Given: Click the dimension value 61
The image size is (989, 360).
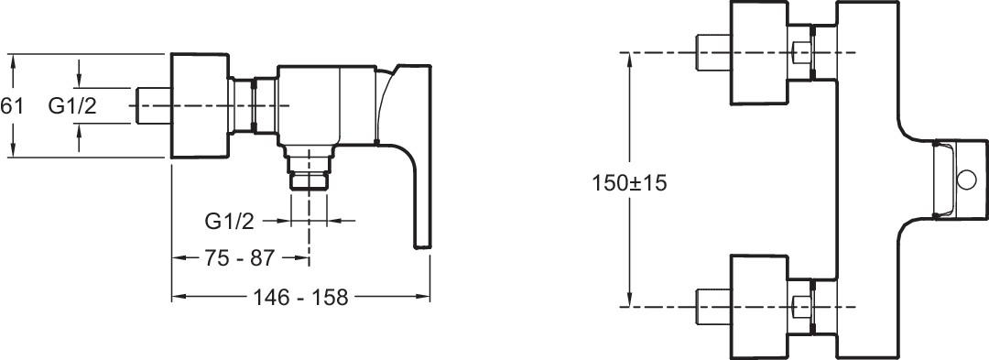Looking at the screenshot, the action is tap(11, 106).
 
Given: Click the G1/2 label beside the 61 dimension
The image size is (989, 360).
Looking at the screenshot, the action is tap(72, 106).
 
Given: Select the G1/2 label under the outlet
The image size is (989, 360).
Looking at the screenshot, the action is tap(230, 222).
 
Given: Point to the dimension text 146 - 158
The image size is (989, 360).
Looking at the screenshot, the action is tap(300, 297).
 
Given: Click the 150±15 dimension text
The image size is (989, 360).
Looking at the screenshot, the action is tap(629, 183).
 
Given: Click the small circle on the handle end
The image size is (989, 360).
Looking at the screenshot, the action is tap(966, 180).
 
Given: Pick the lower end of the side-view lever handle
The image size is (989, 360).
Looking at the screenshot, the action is tap(422, 247).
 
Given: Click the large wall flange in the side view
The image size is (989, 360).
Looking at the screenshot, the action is tap(200, 106).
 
